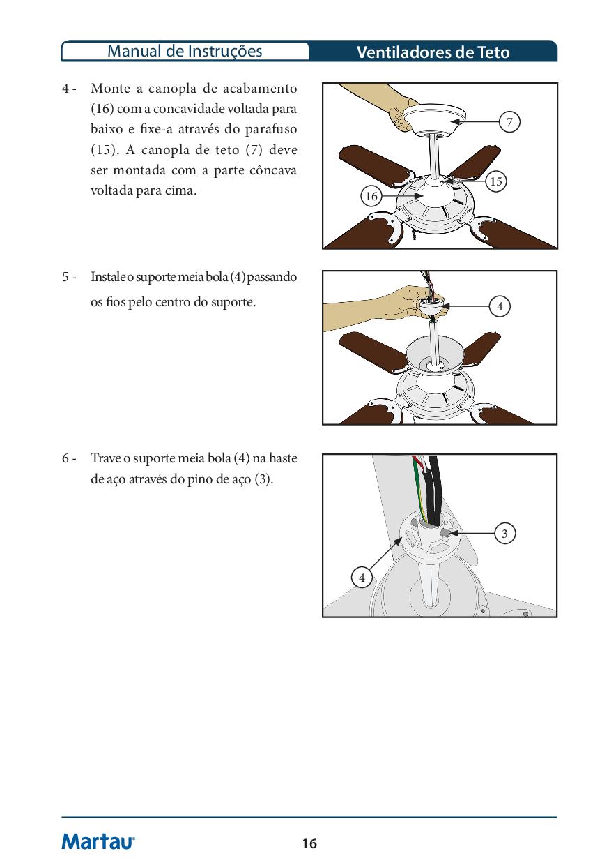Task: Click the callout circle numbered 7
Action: pos(509,123)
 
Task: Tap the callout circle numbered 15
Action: pos(495,181)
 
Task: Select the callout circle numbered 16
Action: pos(371,196)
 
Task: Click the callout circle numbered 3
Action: pos(504,534)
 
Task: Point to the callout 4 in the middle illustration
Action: pos(499,306)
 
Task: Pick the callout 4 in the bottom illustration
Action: pos(362,578)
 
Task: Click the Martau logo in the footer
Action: pos(98,841)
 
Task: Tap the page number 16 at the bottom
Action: pos(309,843)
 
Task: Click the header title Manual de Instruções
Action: pos(185,51)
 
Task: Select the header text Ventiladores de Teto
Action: pos(433,52)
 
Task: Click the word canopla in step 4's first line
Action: pos(174,89)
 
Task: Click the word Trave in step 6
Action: pos(105,458)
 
